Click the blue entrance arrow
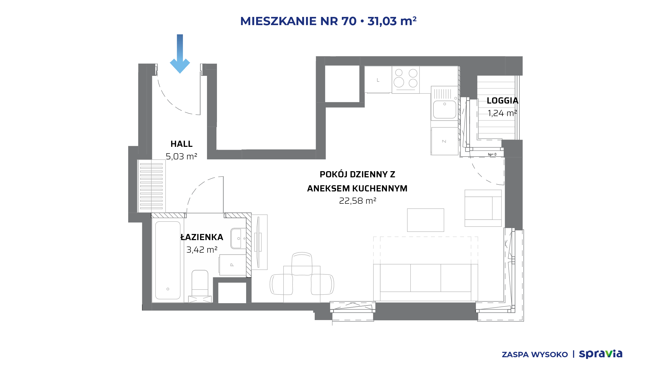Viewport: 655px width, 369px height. (180, 54)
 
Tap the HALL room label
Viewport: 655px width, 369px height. (181, 144)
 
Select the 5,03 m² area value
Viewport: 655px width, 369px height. (181, 156)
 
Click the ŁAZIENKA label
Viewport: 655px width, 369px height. (202, 237)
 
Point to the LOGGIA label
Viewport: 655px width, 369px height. (503, 100)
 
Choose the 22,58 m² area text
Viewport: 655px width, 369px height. (357, 201)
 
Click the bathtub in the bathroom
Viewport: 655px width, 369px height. (168, 260)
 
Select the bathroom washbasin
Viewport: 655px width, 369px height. (238, 239)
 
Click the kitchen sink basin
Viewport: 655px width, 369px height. (445, 109)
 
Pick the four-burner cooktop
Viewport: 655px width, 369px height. (406, 80)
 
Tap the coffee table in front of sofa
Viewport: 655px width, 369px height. (425, 220)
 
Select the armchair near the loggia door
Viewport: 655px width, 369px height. (483, 208)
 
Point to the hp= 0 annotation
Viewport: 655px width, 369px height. (492, 154)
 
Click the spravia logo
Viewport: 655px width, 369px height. (601, 354)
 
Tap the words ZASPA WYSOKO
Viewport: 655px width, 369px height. (535, 355)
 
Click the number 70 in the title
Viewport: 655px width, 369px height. (349, 21)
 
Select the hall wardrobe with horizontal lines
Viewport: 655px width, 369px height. (151, 186)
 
